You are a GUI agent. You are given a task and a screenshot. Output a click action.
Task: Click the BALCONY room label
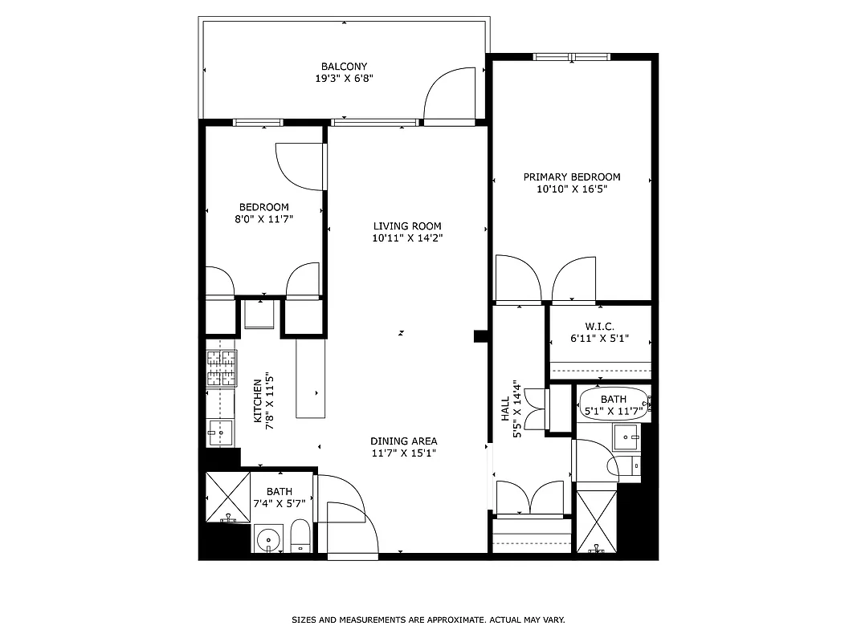pos(344,67)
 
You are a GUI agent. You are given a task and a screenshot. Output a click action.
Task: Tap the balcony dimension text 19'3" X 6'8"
pos(344,79)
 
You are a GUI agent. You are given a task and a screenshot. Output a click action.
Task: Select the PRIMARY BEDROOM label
pos(572,177)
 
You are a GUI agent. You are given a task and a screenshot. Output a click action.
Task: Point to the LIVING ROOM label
pos(407,226)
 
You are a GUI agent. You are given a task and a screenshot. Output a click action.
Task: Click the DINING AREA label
pos(404,441)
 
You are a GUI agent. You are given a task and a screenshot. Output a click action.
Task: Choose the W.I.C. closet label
pos(599,327)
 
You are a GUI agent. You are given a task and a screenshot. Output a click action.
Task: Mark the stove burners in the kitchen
pos(222,369)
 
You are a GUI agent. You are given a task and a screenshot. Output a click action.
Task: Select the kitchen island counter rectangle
pos(312,377)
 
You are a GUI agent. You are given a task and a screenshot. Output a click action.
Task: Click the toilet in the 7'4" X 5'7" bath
pos(300,536)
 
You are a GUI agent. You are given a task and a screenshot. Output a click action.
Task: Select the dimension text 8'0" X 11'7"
pos(263,219)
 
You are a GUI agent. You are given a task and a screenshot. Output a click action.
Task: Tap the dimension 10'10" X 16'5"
pos(572,190)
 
